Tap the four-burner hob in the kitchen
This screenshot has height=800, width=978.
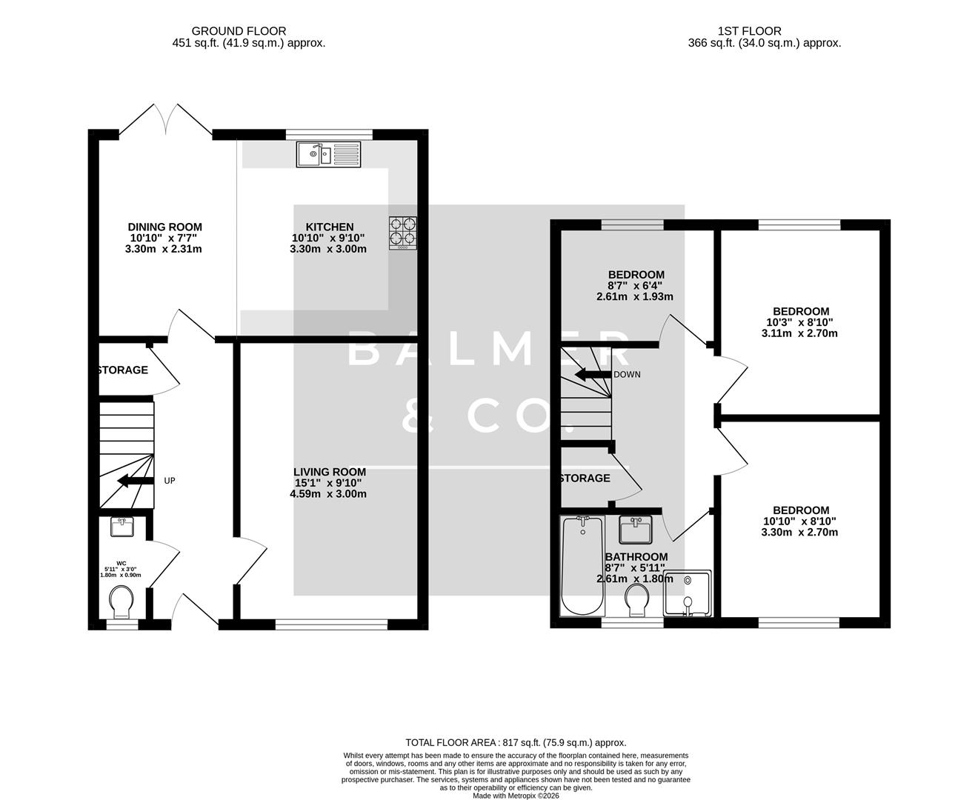(x=402, y=232)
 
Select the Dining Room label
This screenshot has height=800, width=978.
(x=164, y=227)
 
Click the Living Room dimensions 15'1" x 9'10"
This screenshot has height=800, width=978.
(x=329, y=483)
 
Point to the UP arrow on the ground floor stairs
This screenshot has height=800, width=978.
(x=134, y=481)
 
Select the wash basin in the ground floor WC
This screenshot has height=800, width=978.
(x=122, y=527)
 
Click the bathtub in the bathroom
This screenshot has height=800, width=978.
(x=582, y=566)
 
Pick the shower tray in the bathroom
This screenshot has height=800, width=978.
(x=688, y=593)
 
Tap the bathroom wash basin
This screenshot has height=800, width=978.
(x=634, y=530)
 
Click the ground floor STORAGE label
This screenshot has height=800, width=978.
(x=123, y=370)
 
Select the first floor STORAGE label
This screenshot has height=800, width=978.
(x=585, y=479)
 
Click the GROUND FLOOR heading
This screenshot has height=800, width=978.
(x=239, y=30)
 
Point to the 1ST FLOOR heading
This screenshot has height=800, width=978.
(x=749, y=30)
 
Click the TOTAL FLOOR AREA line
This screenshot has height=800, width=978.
(x=516, y=742)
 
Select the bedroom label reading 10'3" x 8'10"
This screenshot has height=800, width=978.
(x=800, y=322)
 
